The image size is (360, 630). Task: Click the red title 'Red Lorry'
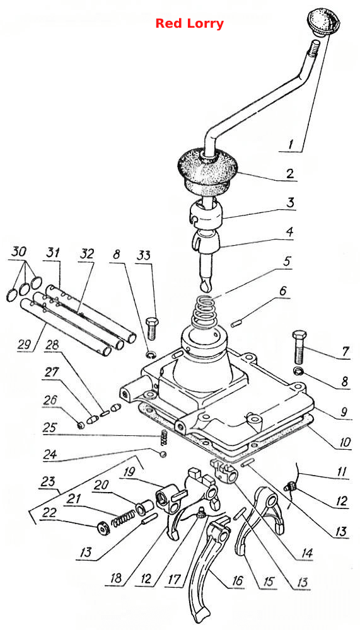(x=189, y=23)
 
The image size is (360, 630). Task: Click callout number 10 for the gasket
(x=344, y=442)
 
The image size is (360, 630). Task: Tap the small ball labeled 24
(x=163, y=454)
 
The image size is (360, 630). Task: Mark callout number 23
(x=47, y=482)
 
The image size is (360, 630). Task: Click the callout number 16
(x=237, y=581)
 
